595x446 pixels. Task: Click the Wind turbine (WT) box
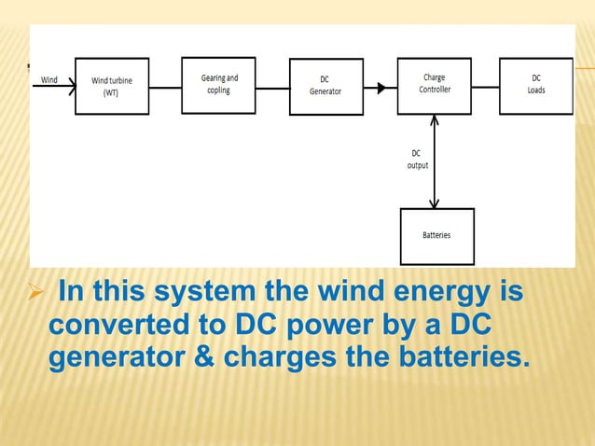pos(111,86)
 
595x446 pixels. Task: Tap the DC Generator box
pos(325,86)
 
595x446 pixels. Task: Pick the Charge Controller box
pos(434,85)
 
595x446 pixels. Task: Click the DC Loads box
pos(536,85)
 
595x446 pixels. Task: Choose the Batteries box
pos(436,235)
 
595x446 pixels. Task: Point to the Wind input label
pos(49,80)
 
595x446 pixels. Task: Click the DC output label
pos(417,159)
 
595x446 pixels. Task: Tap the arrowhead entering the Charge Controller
pos(381,89)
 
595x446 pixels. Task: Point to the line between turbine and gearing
pos(164,89)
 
